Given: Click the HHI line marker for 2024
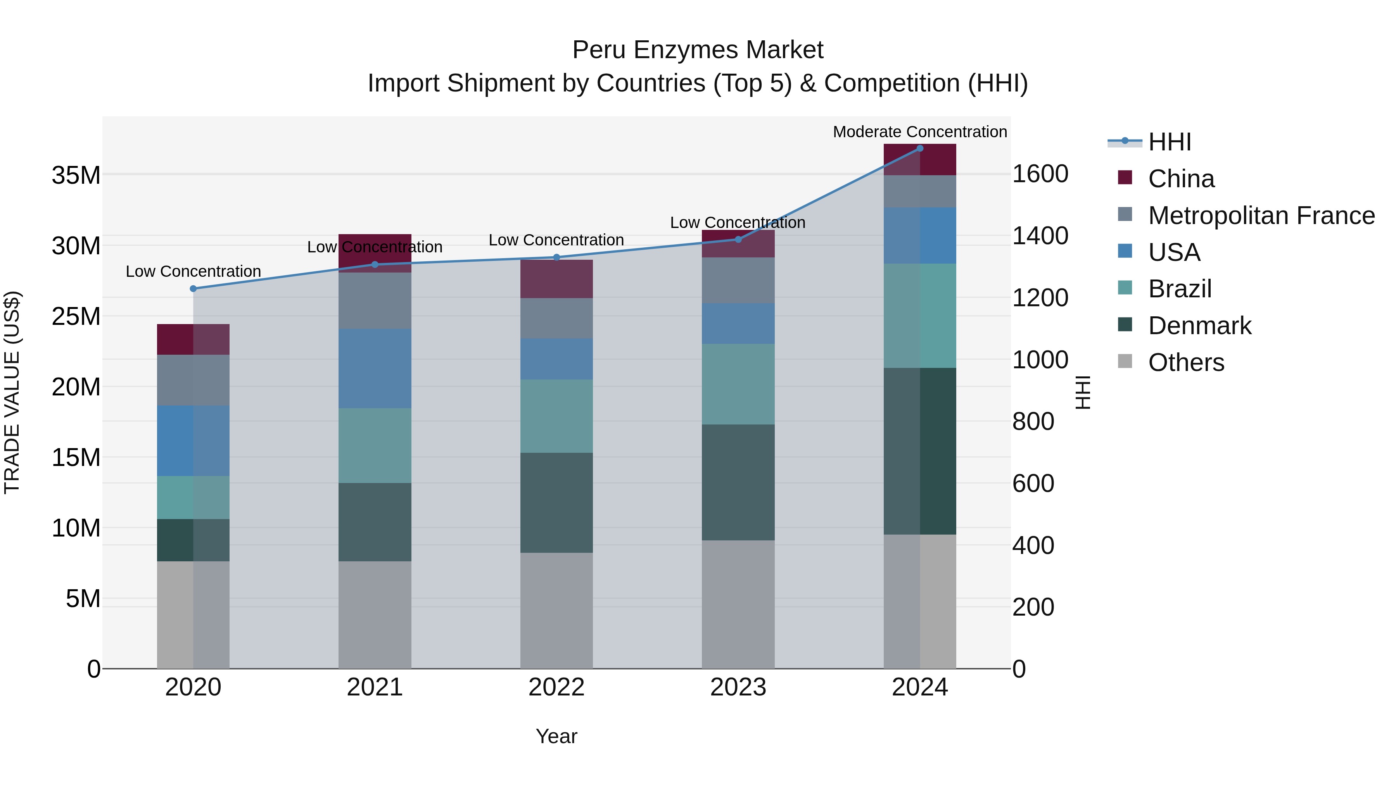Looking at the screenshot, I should point(920,148).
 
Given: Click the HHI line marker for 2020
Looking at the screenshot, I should point(194,289).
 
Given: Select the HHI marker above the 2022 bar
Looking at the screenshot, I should point(556,257).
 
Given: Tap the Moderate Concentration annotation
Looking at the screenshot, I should point(920,132).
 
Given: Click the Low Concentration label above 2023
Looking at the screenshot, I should point(738,223).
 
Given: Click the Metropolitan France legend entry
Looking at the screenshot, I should point(1261,216).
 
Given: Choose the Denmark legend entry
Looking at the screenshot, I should point(1199,326).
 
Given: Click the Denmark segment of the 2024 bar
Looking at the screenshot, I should point(920,451).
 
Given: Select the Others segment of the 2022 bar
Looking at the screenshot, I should point(556,611).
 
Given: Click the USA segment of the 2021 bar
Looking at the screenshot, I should point(375,368).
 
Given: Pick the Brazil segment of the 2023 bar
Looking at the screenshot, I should point(738,384).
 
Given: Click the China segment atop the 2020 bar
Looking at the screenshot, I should point(194,340).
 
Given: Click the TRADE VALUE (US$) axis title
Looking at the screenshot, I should point(12,392).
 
